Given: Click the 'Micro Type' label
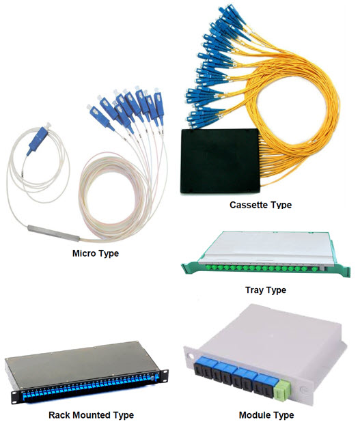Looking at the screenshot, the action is [96, 253].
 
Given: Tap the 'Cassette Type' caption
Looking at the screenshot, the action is [261, 205].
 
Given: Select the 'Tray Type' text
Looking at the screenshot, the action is [266, 290].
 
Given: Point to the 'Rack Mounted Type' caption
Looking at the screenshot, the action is [91, 415].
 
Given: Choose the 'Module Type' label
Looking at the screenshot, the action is [266, 415].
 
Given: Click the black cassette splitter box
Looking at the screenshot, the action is [220, 161].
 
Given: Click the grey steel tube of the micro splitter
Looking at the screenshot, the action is [53, 233].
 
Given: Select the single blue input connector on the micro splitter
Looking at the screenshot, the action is [38, 140].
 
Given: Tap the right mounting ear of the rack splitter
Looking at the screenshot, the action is [164, 376].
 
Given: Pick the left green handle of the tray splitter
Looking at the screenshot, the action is [190, 268].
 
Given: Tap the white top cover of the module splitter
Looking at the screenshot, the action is [272, 334].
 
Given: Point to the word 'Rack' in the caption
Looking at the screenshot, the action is [59, 415].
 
